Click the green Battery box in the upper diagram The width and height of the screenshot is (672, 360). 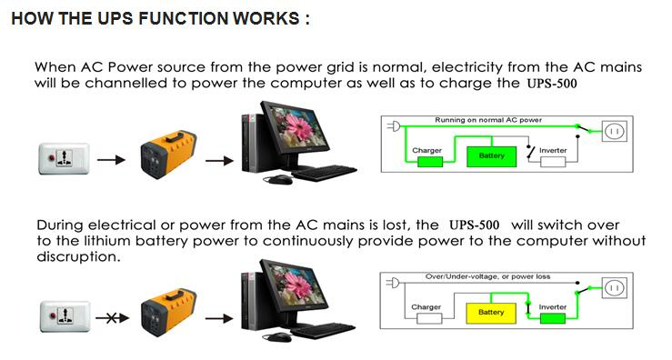[x=491, y=156]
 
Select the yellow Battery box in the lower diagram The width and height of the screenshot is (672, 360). [x=491, y=313]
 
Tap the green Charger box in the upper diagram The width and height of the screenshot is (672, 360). [x=430, y=162]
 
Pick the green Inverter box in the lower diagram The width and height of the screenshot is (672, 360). [x=553, y=318]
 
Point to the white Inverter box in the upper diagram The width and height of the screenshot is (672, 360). [x=553, y=162]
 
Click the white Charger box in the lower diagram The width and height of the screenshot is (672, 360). [x=429, y=318]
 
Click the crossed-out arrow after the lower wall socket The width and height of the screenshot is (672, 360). [x=112, y=318]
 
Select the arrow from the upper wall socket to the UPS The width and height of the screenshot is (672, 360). [x=112, y=160]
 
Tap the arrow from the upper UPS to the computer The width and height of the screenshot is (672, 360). [x=219, y=161]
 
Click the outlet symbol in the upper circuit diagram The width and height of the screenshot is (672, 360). [x=615, y=131]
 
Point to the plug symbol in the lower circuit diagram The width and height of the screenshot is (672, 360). [x=394, y=283]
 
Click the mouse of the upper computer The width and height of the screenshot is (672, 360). [x=279, y=180]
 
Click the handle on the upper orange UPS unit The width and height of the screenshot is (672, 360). [x=175, y=137]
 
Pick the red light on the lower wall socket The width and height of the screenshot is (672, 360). [x=53, y=316]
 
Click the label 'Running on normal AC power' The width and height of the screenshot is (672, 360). [x=488, y=120]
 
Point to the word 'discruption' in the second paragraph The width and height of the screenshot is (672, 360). [x=77, y=256]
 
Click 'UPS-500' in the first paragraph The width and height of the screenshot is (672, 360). [x=552, y=83]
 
